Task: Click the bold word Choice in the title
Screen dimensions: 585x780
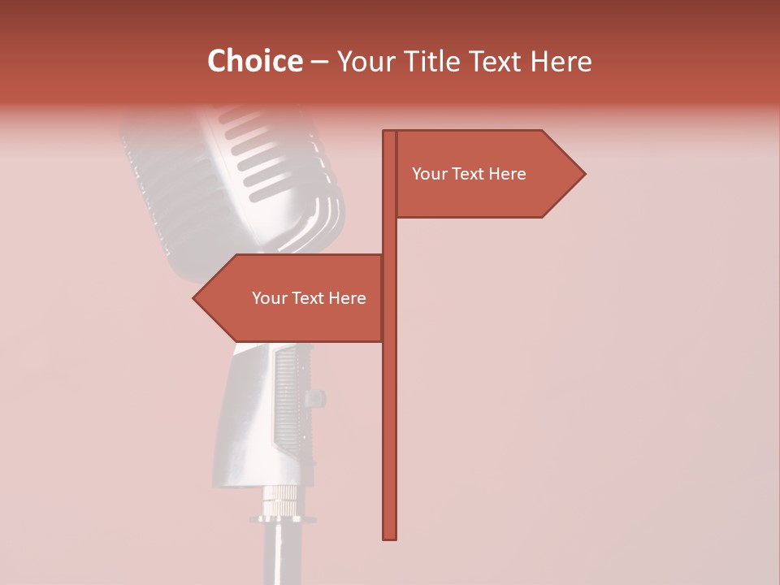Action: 254,62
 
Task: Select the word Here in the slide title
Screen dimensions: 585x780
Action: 561,62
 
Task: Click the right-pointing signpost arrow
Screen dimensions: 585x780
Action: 487,174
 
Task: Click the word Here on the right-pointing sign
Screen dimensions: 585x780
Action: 506,174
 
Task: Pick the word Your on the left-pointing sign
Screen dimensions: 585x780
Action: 270,298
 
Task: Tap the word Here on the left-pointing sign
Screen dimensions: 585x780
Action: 346,298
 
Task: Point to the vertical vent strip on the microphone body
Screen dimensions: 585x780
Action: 286,398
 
